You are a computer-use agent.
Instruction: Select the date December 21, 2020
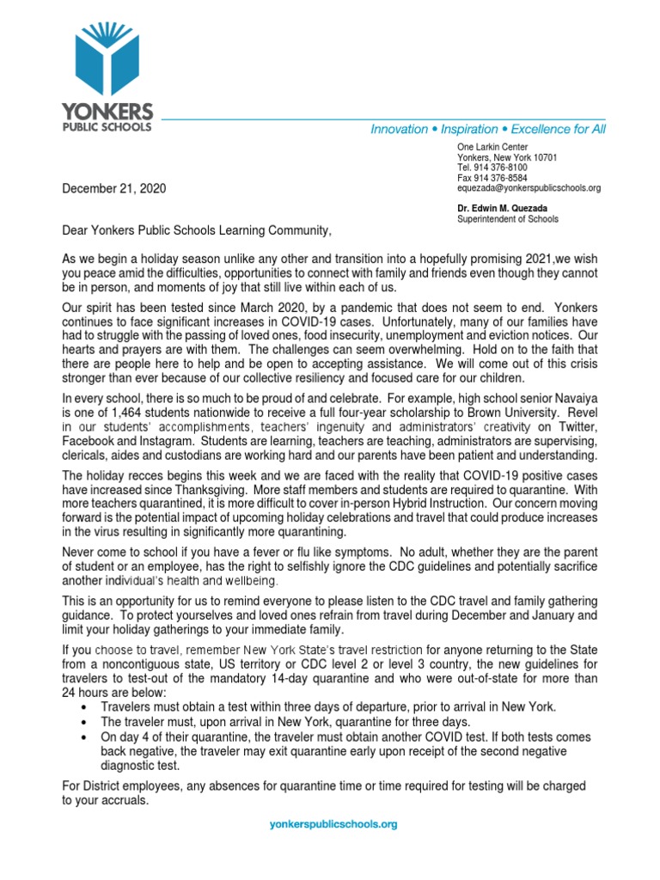click(114, 188)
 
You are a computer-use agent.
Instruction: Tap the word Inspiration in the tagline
click(469, 129)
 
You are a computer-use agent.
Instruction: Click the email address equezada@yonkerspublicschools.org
click(529, 188)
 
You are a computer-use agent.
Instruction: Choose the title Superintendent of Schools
click(507, 219)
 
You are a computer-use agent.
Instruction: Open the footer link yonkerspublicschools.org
click(333, 824)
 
